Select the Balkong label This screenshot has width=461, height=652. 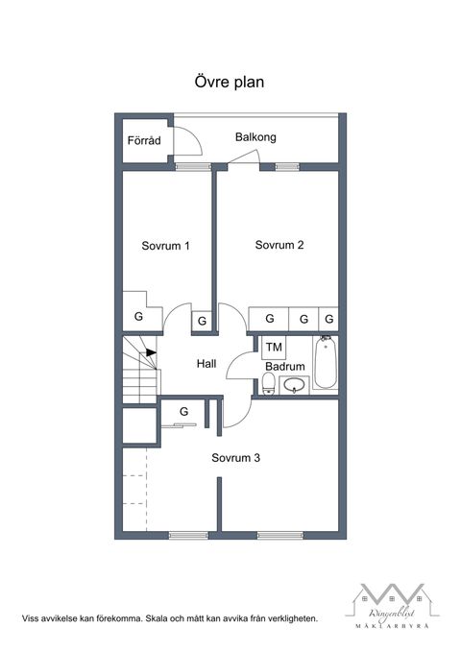pos(255,137)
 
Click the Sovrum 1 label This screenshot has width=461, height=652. pos(165,246)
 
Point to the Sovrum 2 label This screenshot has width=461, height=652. pos(279,245)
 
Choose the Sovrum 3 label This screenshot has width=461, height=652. pos(236,458)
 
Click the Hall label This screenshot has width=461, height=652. pos(206,364)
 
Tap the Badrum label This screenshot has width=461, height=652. pos(285,367)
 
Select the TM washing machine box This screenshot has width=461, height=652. pos(274,347)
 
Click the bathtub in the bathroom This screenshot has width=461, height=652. pos(325,363)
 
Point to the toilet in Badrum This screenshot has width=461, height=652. pos(268,386)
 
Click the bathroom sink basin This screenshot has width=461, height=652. pos(294,386)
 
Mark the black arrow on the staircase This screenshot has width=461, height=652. pos(151,352)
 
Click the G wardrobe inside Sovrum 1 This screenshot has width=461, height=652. pos(138,316)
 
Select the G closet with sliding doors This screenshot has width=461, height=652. pos(182,413)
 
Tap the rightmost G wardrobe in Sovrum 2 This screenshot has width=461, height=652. pos(329,318)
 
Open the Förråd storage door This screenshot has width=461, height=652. pos(188,141)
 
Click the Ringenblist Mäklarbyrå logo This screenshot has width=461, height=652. pos(391,605)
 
